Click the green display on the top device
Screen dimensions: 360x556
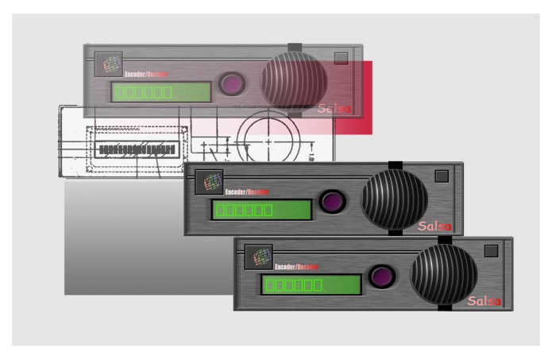coord(161,91)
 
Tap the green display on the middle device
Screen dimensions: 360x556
coord(261,210)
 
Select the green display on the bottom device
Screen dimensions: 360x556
coord(311,284)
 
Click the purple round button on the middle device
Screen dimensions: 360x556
coord(333,201)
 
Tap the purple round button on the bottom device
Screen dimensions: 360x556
coord(383,276)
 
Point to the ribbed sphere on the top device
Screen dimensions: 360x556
coord(295,81)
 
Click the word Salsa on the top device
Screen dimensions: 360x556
coord(334,109)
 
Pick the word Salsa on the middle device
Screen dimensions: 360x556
coord(434,226)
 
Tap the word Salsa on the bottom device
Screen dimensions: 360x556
coord(484,301)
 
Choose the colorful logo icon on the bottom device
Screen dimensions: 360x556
coord(259,257)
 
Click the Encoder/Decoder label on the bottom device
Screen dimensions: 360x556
coord(291,266)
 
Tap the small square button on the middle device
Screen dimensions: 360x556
coord(442,176)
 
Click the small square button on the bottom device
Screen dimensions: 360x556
coord(491,250)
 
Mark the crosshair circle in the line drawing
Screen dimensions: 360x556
coord(268,141)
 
